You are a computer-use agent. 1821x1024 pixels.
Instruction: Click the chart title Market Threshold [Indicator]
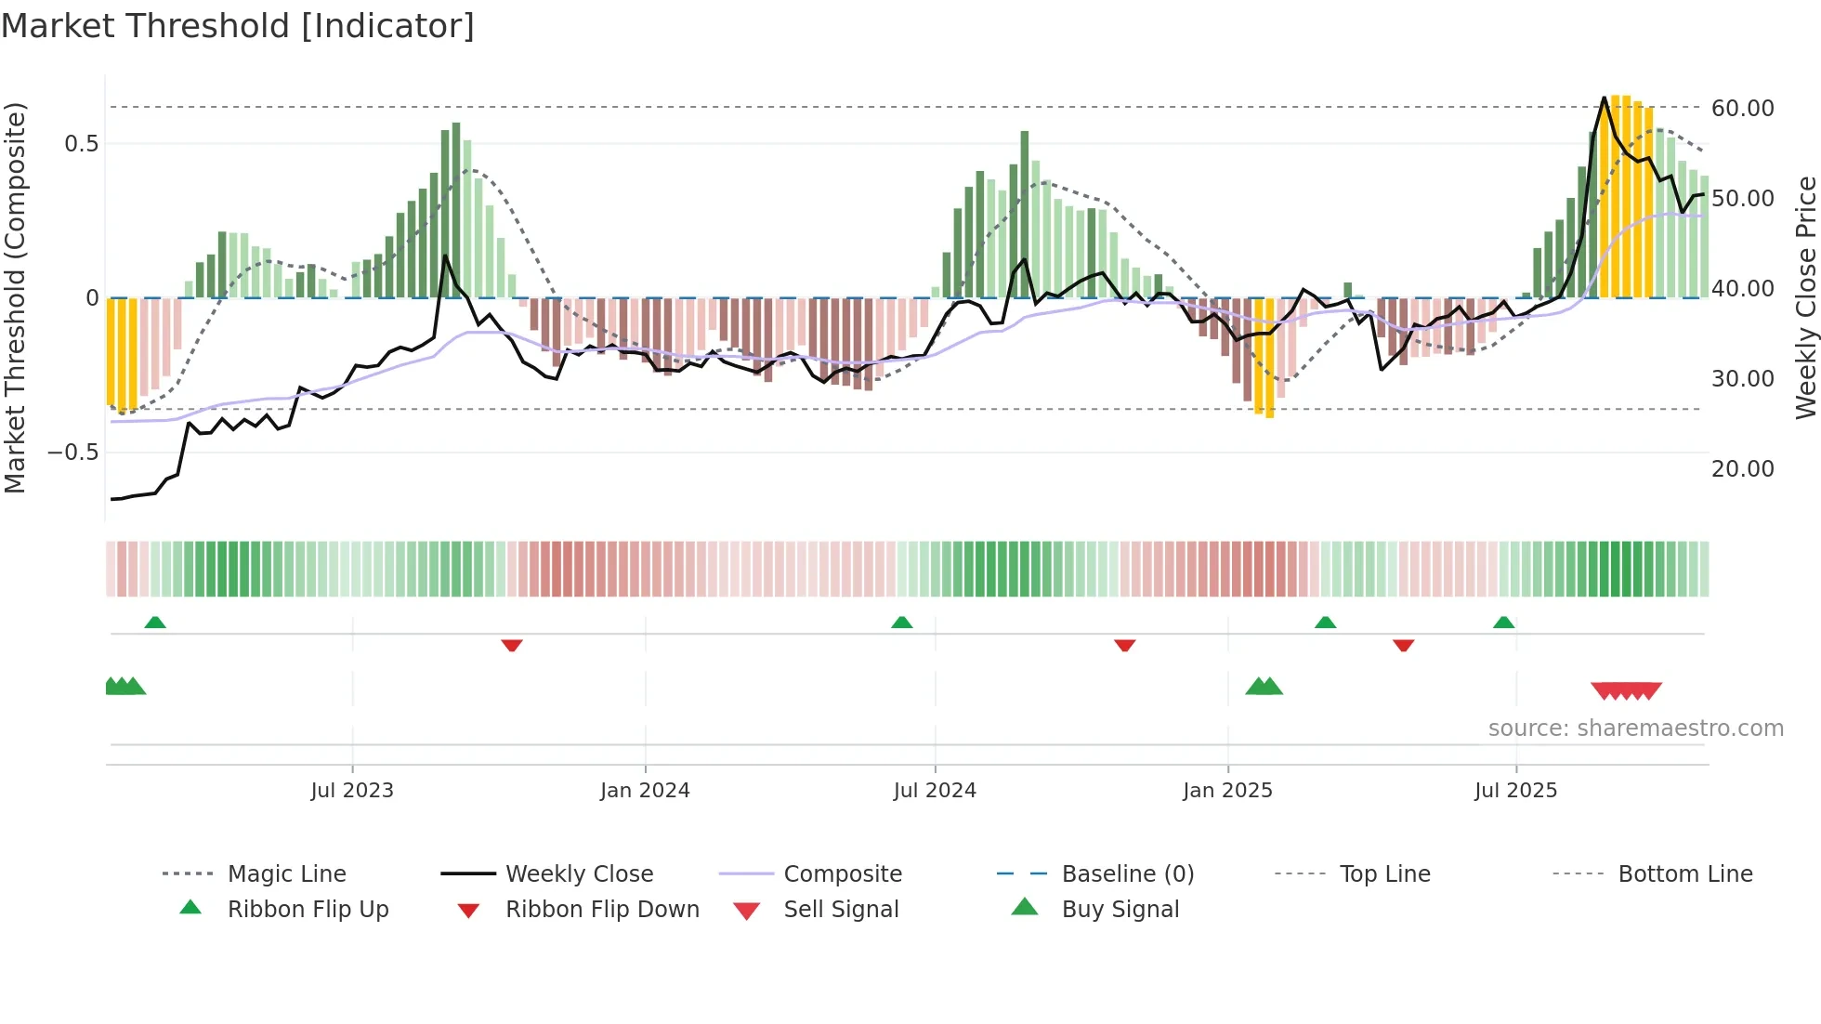(238, 26)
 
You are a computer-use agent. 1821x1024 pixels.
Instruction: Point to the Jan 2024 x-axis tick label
(645, 791)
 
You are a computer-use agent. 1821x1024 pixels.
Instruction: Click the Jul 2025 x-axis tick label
(1515, 791)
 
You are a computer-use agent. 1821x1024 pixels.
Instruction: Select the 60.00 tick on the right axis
(1742, 109)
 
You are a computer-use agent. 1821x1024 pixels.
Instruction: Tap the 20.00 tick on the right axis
(1742, 469)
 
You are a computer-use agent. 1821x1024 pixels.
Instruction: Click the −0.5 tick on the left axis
(72, 453)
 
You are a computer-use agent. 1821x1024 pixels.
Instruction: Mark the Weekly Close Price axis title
(1805, 297)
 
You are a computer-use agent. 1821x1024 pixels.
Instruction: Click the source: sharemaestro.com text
(1635, 729)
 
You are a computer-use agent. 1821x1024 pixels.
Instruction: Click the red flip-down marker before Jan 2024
(512, 645)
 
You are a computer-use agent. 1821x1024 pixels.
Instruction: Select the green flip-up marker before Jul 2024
(901, 623)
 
